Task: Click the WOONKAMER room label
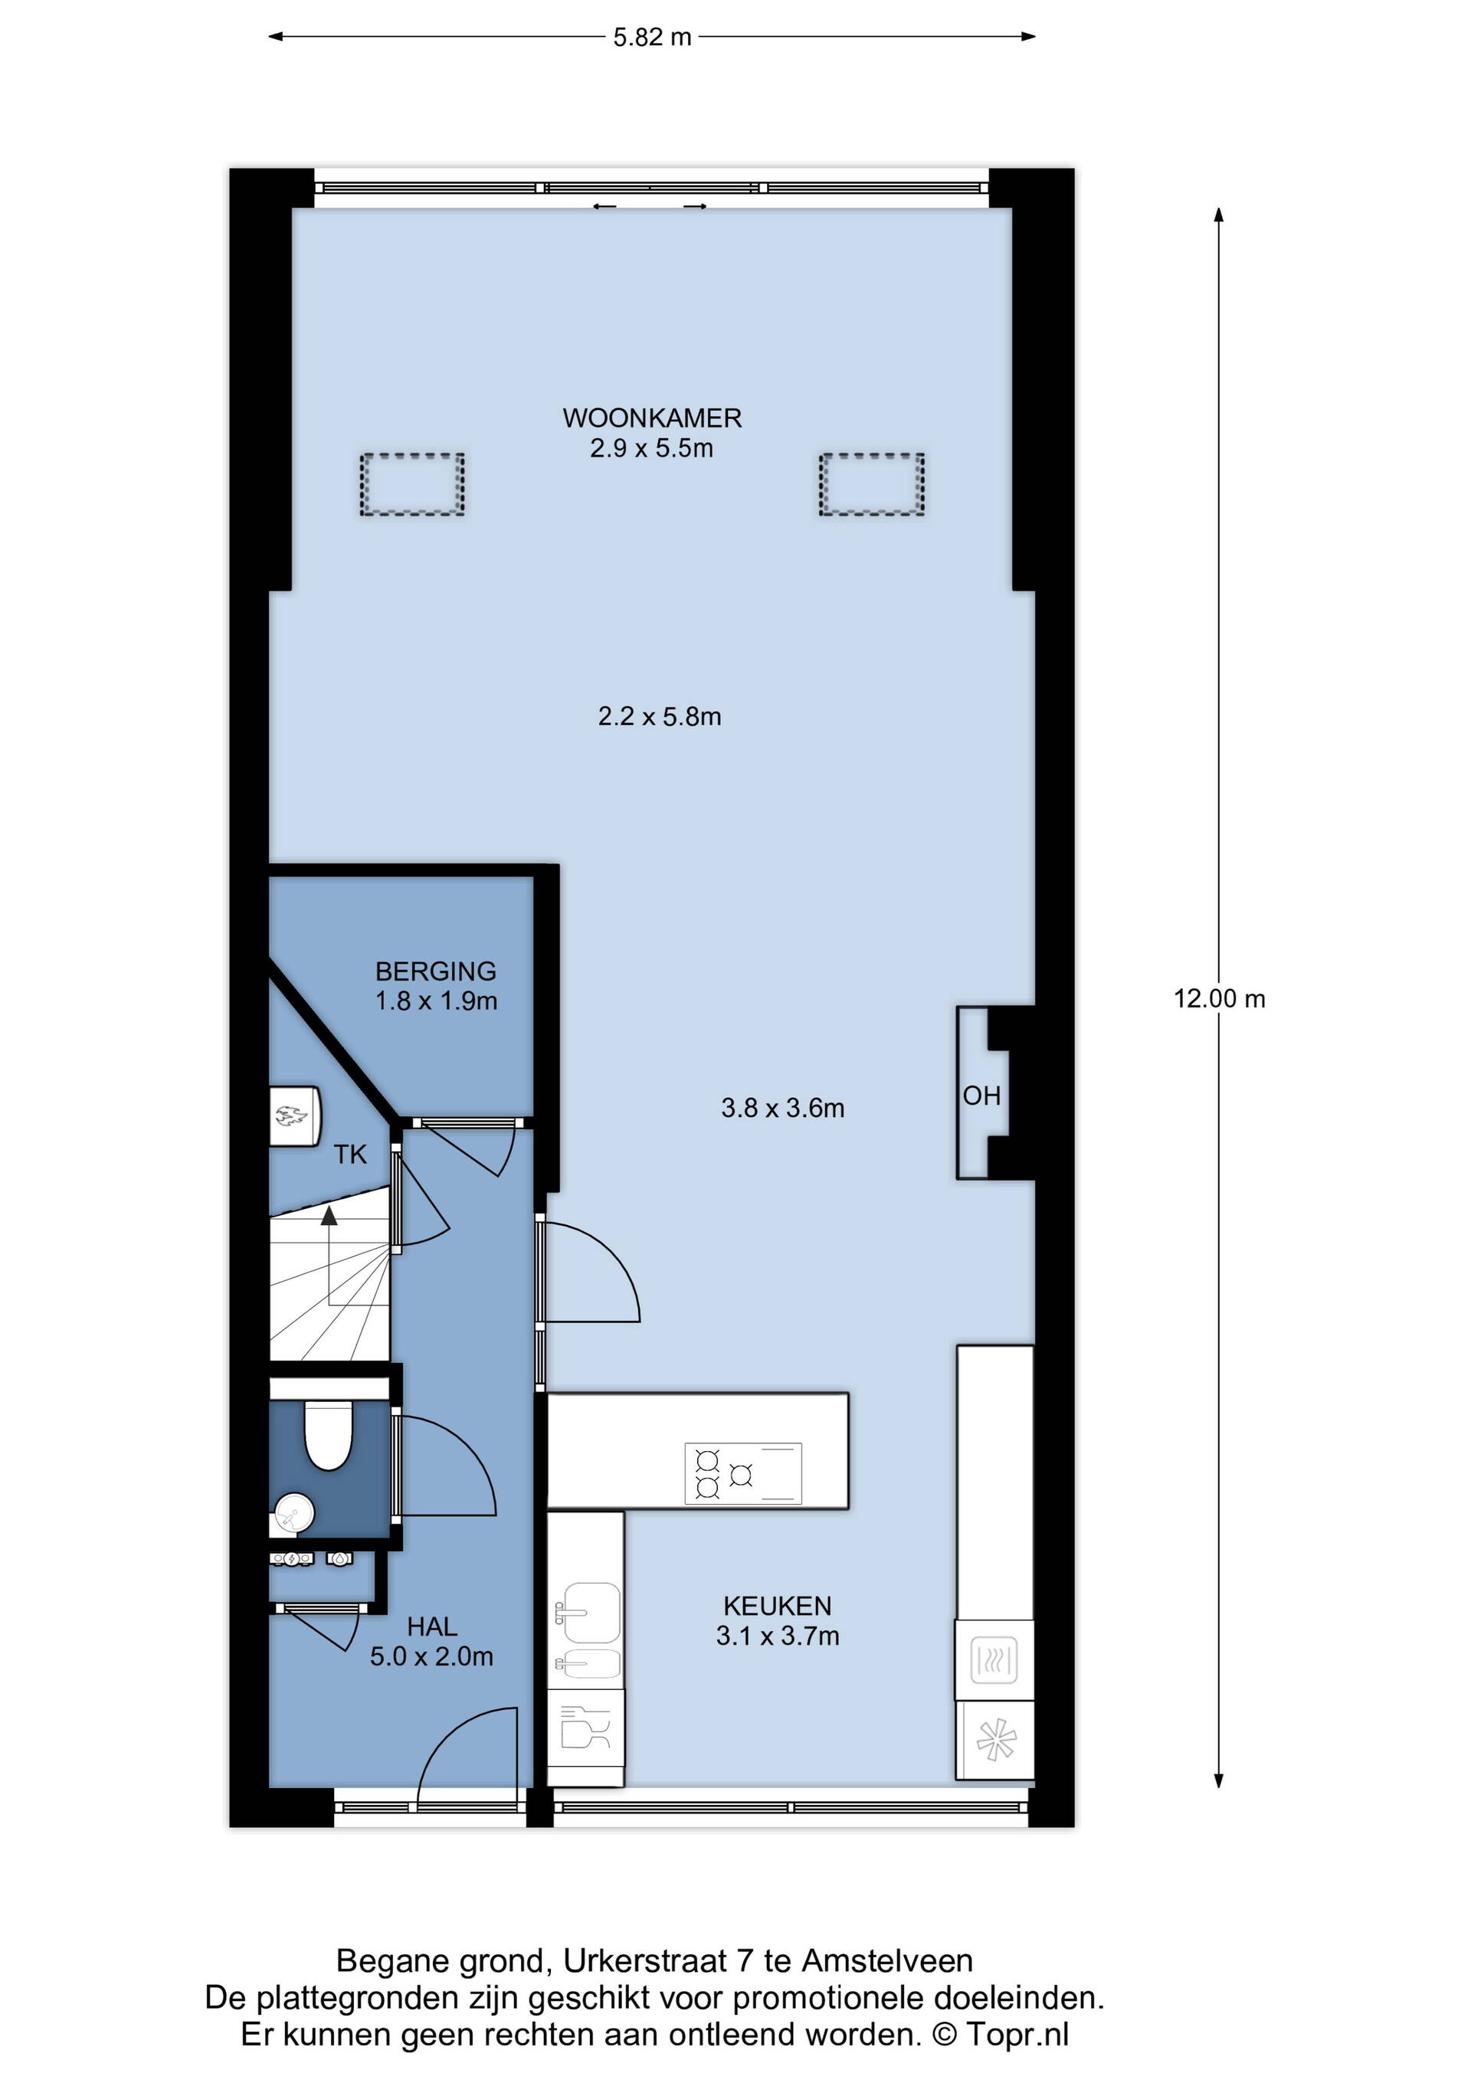pos(652,418)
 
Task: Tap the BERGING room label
pos(436,971)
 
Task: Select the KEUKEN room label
pos(777,1607)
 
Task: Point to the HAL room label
pos(432,1627)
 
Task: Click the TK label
pos(351,1154)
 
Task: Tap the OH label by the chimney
pos(982,1096)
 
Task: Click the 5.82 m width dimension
pos(652,37)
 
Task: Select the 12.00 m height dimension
pos(1219,998)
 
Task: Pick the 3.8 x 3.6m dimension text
pos(782,1108)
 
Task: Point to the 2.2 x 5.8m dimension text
pos(660,716)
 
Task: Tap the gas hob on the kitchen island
pos(742,1474)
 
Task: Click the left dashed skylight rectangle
pos(412,485)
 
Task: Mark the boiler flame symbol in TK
pos(292,1115)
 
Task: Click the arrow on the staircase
pos(329,1256)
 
